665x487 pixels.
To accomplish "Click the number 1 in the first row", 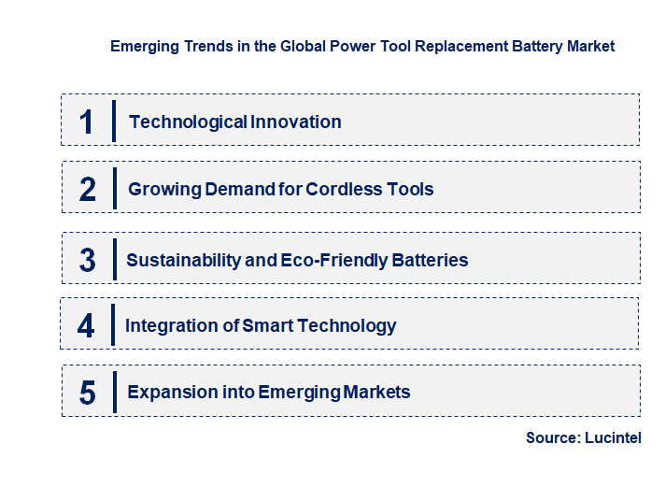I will pyautogui.click(x=87, y=122).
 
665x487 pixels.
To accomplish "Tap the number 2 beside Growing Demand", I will pyautogui.click(x=88, y=190).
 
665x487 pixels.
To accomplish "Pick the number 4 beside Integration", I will pyautogui.click(x=87, y=326).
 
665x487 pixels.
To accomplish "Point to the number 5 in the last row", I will pyautogui.click(x=88, y=393).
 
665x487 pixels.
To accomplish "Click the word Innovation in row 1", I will pyautogui.click(x=295, y=122).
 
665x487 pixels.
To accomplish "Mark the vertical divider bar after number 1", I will pyautogui.click(x=113, y=121).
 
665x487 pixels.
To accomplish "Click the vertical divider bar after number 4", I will pyautogui.click(x=113, y=324).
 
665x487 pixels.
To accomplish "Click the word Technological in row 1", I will pyautogui.click(x=188, y=122).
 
